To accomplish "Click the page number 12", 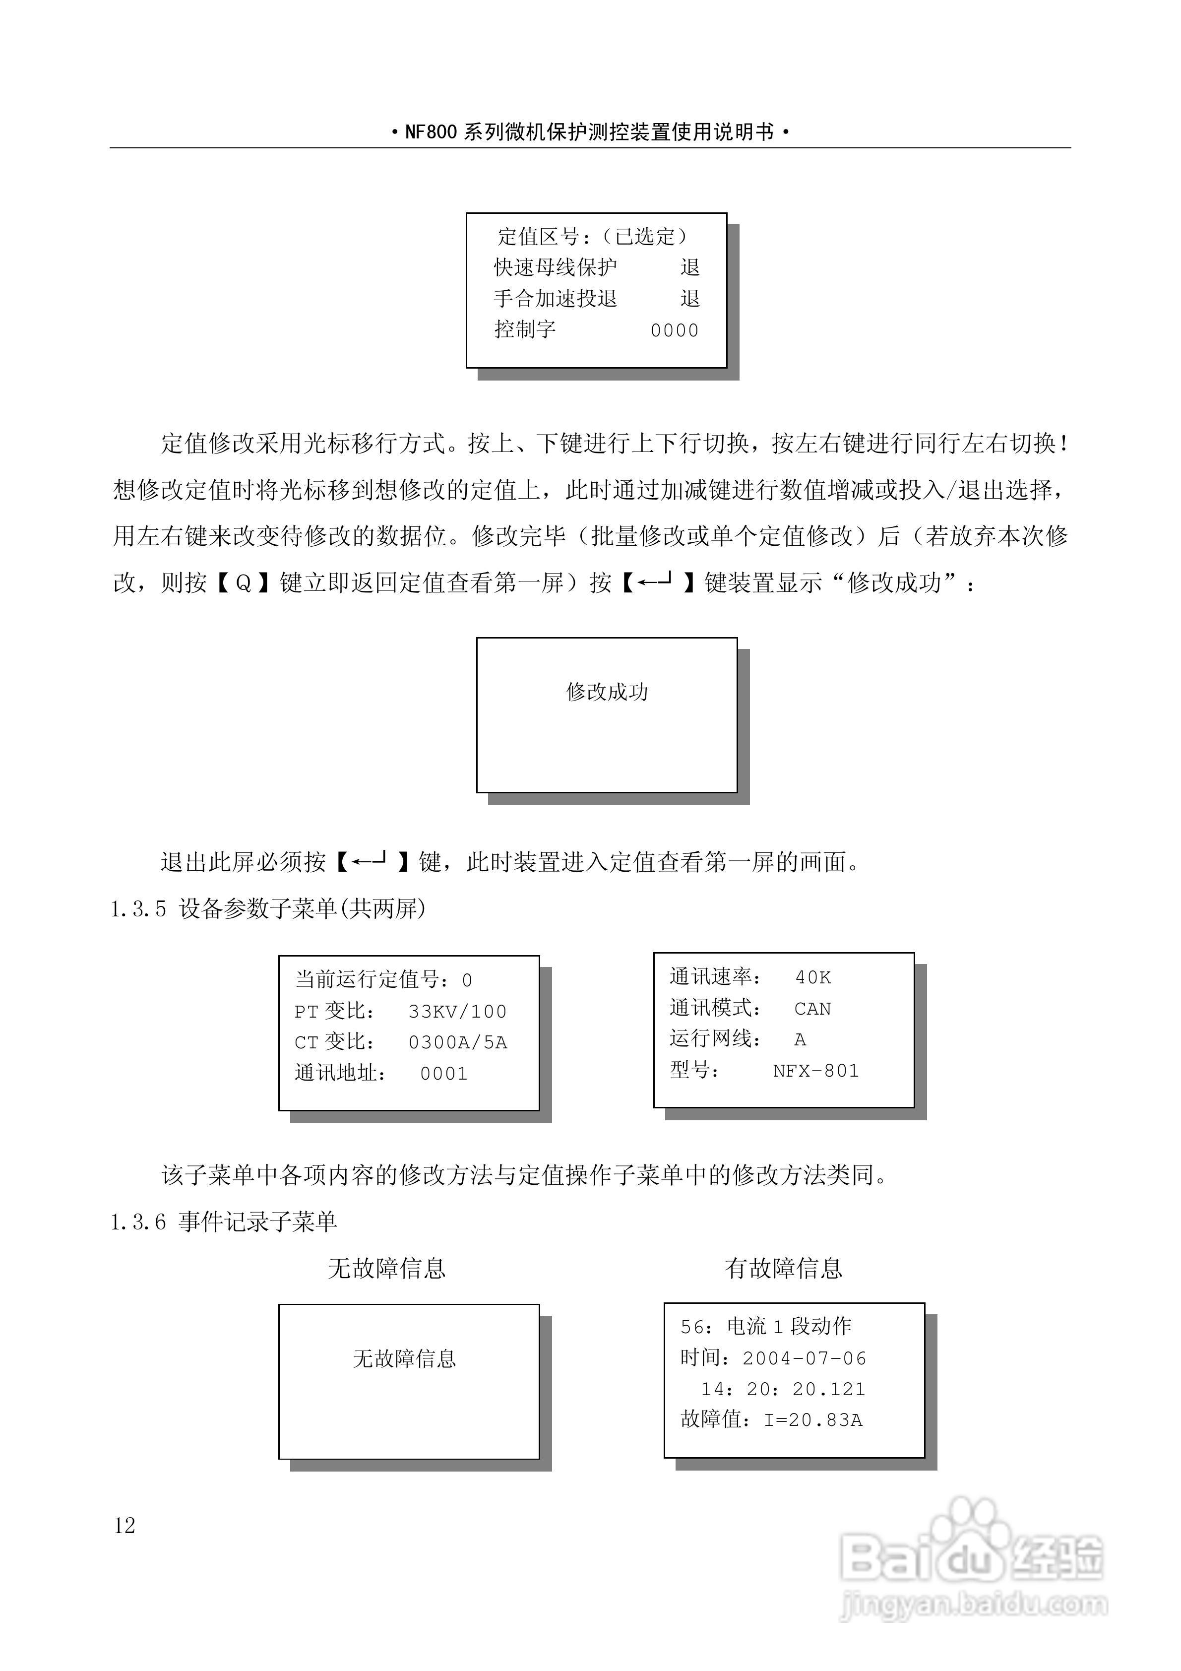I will tap(124, 1526).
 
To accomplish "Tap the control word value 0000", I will tap(675, 330).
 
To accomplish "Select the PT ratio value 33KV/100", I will tap(457, 1012).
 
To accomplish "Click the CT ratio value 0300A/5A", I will tap(458, 1043).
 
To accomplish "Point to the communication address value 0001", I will tap(444, 1074).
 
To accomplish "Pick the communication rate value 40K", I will tap(813, 977).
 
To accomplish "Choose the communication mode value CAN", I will tap(812, 1009).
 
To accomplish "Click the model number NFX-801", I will tap(816, 1071).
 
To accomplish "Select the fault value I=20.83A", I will tap(813, 1420).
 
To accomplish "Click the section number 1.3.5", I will tap(138, 909).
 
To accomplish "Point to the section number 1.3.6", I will tap(138, 1222).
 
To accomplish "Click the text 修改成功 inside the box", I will tap(607, 692).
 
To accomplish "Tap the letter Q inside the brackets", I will tap(244, 583).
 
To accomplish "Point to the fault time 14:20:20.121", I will tap(783, 1389).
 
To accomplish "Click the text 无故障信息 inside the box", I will tap(405, 1359).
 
